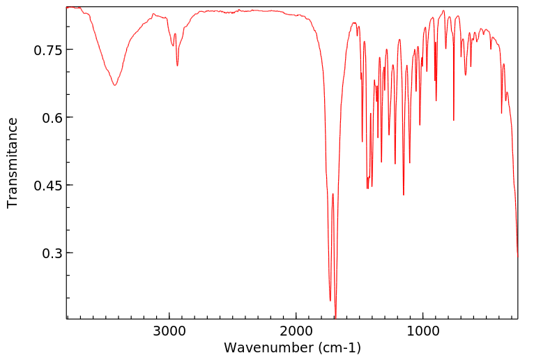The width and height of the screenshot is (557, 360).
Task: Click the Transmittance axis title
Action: point(13,163)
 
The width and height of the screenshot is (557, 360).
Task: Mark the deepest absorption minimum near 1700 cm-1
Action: point(335,317)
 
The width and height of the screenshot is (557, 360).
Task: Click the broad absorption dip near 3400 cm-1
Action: point(115,85)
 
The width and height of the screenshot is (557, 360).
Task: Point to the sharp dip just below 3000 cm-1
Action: point(177,66)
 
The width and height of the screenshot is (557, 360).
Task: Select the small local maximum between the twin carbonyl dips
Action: point(333,194)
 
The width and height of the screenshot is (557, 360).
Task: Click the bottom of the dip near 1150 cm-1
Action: point(404,195)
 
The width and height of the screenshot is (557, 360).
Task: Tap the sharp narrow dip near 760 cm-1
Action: point(453,121)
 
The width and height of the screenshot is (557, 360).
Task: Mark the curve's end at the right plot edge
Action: point(517,256)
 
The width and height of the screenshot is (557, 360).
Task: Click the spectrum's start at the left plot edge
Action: point(67,8)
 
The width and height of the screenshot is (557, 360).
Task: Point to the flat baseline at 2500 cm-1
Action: point(232,11)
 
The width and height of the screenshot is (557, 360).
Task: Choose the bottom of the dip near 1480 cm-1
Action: point(362,142)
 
